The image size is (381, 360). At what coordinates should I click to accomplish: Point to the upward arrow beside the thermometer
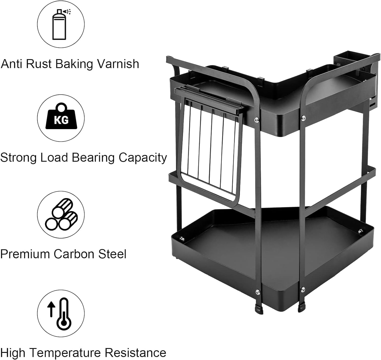click(52, 309)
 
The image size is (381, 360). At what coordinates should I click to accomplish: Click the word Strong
click(19, 158)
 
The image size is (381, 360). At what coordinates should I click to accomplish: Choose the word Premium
click(25, 254)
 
